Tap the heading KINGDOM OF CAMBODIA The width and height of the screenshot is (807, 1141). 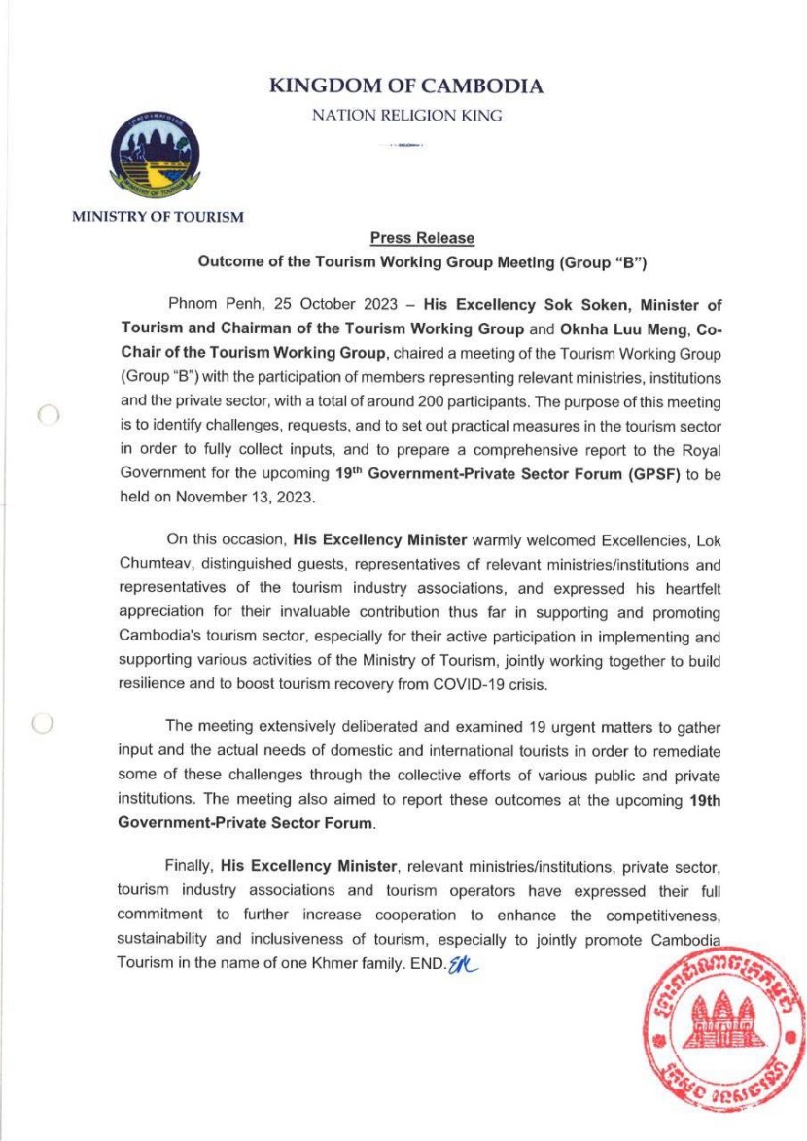[x=406, y=86]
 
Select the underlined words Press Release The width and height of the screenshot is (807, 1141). [x=422, y=238]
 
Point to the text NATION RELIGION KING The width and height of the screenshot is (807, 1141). [x=406, y=116]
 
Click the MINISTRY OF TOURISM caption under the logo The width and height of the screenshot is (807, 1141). [x=158, y=217]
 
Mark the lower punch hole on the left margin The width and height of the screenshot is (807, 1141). [x=42, y=724]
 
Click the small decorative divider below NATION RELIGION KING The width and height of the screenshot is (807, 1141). [x=405, y=145]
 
